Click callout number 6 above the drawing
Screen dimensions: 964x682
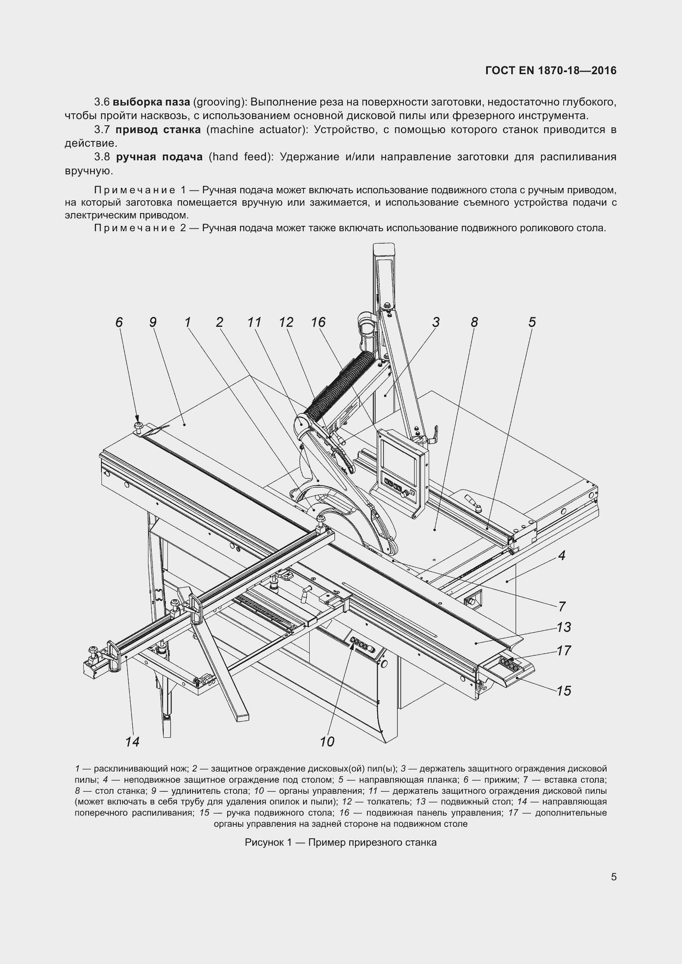pos(119,322)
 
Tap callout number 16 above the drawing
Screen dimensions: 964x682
pos(318,322)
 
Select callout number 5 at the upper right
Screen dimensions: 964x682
pos(531,322)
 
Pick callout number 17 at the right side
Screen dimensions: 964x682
pos(564,650)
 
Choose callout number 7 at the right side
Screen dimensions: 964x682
pos(562,606)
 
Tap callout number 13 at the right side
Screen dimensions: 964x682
pos(564,627)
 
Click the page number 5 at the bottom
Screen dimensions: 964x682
pos(614,877)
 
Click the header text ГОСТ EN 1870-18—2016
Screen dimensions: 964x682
pos(550,70)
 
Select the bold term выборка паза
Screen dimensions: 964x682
pos(151,102)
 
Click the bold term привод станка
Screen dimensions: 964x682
pos(158,129)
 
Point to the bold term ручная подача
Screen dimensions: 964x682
pos(159,157)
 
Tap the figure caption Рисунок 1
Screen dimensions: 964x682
pos(340,842)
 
